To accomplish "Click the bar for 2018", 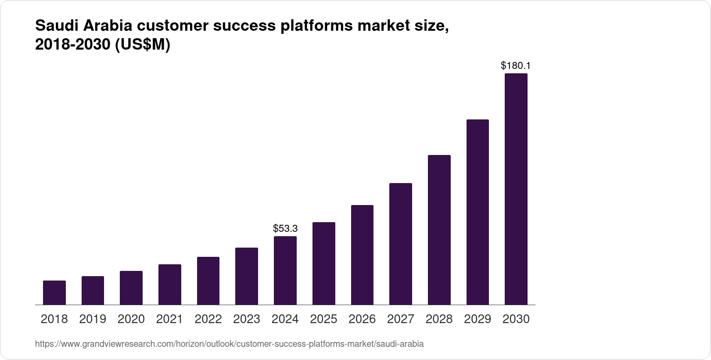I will (54, 292).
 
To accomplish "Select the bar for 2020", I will (131, 288).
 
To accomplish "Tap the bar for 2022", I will (208, 281).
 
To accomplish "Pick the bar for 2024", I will (285, 270).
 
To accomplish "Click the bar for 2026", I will (362, 255).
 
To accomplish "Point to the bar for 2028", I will (439, 230).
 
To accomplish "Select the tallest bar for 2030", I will (516, 189).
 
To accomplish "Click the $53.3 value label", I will (285, 228).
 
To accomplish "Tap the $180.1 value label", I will (516, 66).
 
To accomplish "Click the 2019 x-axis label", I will (93, 319).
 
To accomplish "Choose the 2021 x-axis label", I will (169, 319).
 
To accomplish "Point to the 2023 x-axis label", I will (247, 319).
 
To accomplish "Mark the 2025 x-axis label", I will (323, 319).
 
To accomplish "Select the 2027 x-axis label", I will (400, 319).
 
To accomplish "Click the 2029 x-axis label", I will (478, 319).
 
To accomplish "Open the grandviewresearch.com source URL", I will (229, 344).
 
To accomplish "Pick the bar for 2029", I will (478, 212).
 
